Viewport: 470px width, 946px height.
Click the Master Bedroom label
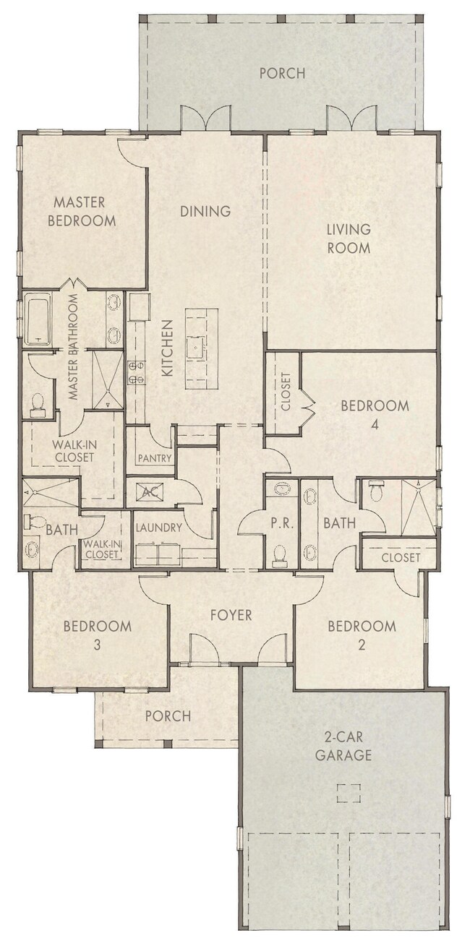81,211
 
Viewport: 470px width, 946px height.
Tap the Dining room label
205,211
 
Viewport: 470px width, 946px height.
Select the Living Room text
348,238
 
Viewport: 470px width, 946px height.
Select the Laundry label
158,528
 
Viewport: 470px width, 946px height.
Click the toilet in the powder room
281,555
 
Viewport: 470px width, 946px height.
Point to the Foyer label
231,615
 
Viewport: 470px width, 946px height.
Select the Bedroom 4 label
375,415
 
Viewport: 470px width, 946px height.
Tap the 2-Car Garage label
348,747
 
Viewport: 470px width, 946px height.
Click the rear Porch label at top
281,73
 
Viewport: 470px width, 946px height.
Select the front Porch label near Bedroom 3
167,716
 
